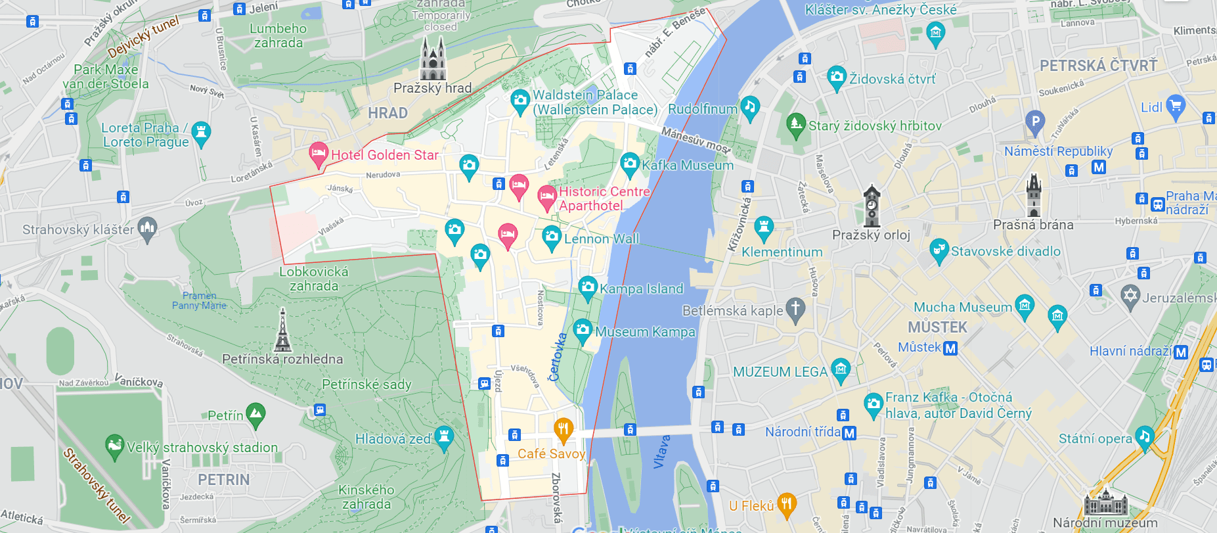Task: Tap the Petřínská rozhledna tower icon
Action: (282, 331)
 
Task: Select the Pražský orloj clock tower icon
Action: (872, 206)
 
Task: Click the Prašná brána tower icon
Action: (1034, 195)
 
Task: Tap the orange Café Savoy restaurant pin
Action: (564, 430)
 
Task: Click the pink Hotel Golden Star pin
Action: (319, 154)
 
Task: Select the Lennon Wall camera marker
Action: (552, 237)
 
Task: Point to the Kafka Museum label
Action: (687, 165)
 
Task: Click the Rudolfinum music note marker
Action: (750, 107)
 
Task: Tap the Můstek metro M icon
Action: (950, 348)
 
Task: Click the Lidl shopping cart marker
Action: (1176, 106)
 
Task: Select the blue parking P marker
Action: (1034, 121)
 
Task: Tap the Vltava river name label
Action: (662, 452)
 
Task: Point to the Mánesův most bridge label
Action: (696, 141)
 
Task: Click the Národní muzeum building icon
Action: (1105, 502)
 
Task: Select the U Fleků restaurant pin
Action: (786, 505)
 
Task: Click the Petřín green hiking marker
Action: (255, 414)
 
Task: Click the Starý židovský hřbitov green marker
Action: (795, 125)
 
